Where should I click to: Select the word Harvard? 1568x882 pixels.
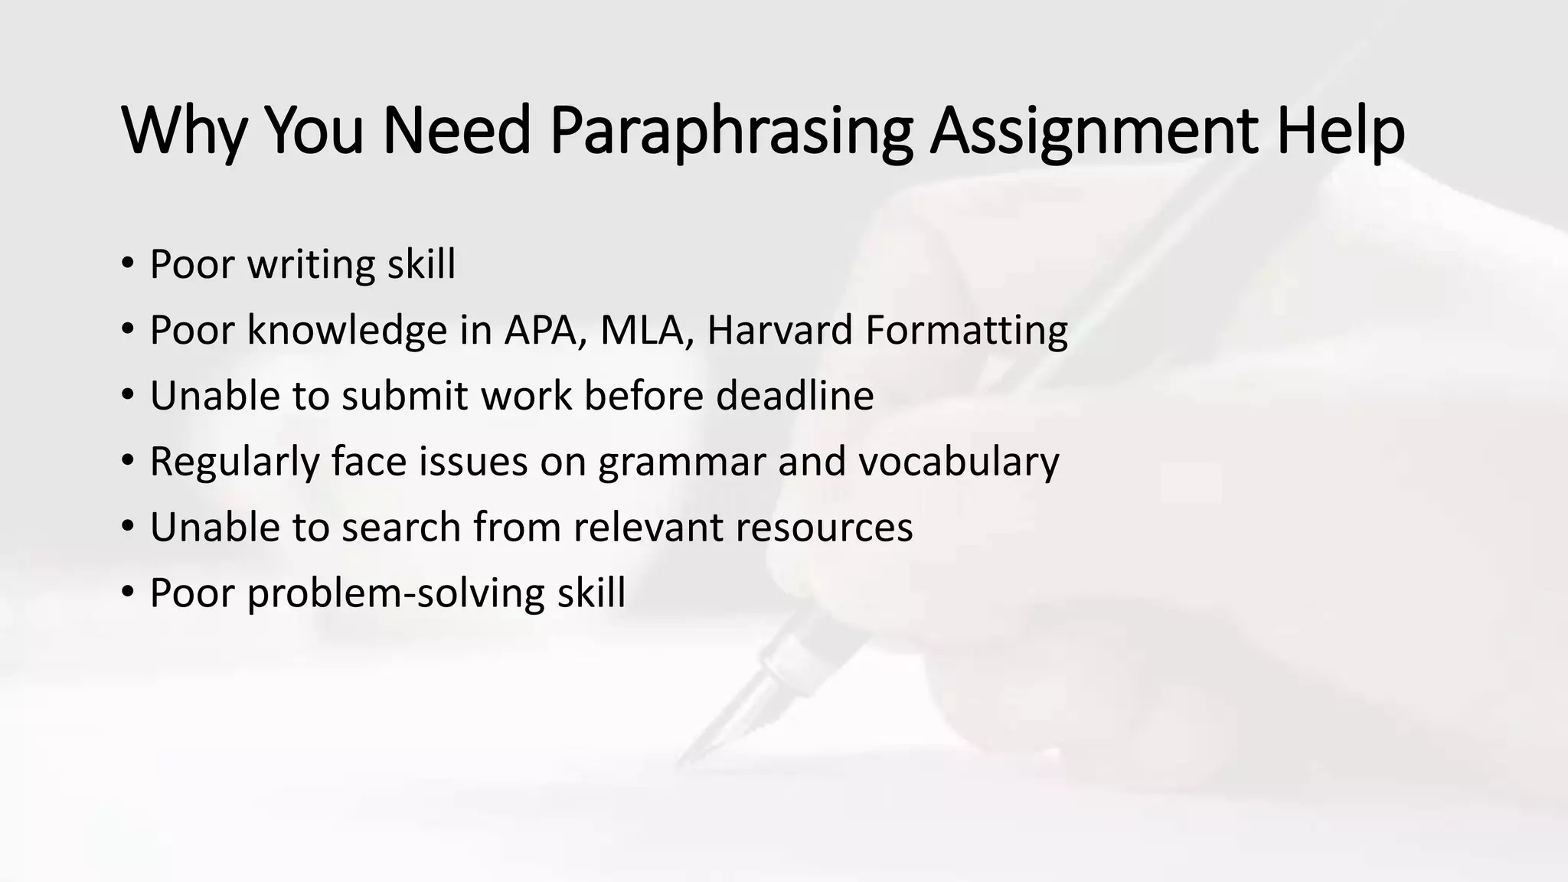point(779,331)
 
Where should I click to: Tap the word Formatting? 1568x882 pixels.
point(966,331)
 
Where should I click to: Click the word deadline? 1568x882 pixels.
point(795,396)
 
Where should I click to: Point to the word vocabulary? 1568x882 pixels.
point(959,462)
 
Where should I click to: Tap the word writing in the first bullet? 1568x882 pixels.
point(311,265)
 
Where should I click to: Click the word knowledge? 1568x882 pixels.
point(347,331)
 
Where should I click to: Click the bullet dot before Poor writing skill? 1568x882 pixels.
point(127,263)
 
